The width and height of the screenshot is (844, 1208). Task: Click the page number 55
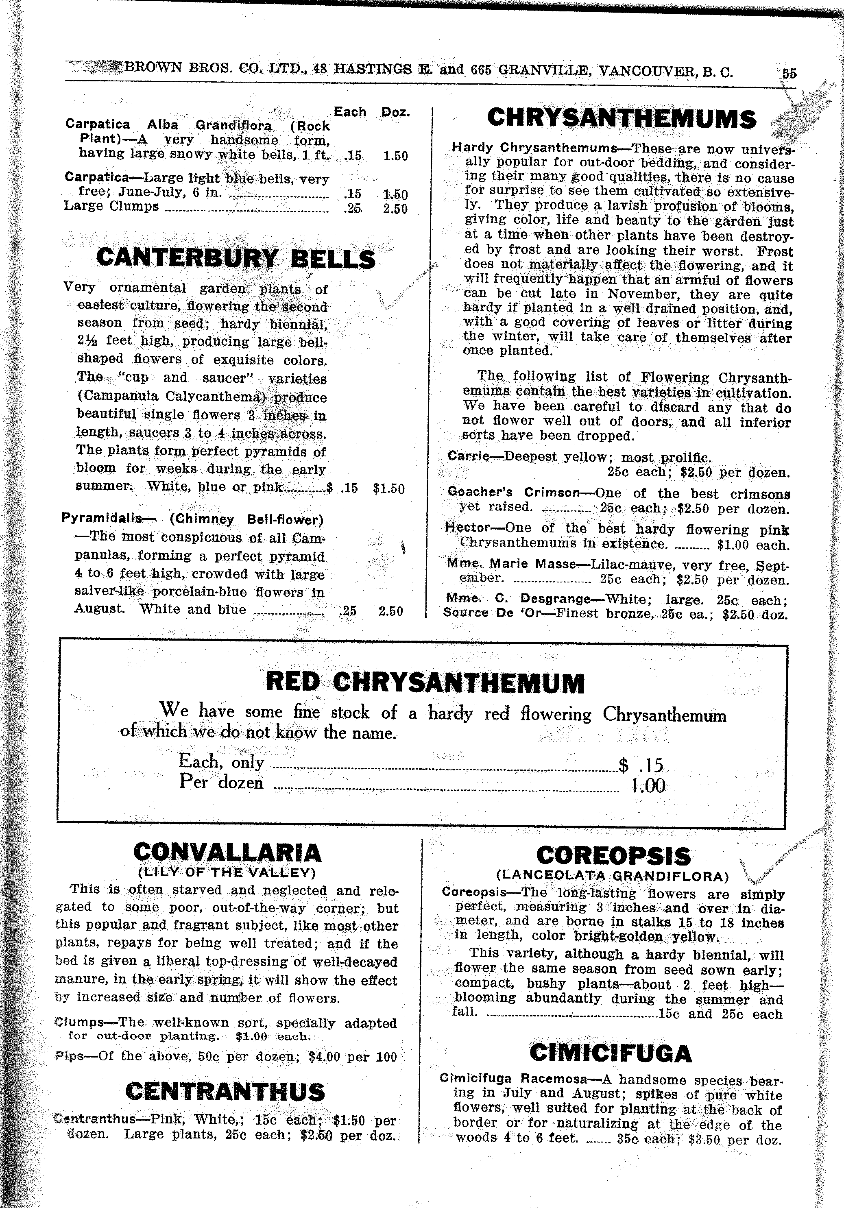click(789, 74)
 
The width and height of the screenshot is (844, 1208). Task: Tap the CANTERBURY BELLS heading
click(236, 258)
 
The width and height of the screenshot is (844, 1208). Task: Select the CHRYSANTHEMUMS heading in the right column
click(622, 118)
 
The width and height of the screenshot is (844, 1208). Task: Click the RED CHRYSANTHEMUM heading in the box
click(425, 682)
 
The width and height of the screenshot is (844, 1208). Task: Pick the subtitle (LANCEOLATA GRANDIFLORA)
click(613, 876)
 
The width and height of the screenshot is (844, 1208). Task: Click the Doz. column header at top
click(395, 112)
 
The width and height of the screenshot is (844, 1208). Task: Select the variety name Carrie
click(468, 456)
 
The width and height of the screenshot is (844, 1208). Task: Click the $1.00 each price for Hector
click(753, 545)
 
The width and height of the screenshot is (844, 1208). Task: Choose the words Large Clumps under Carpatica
click(111, 206)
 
